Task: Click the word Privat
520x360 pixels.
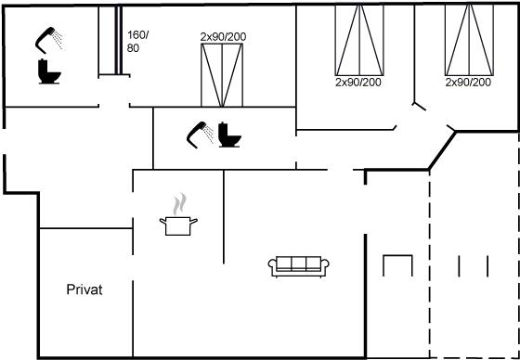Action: [84, 289]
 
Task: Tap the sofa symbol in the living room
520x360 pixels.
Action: [298, 266]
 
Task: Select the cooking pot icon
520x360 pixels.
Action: [178, 225]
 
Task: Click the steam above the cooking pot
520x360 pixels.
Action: [179, 204]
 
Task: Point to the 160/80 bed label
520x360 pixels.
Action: [138, 42]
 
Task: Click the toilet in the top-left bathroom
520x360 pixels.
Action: [49, 71]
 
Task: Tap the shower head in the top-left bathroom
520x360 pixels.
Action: [48, 40]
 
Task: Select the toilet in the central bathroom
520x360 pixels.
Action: [229, 135]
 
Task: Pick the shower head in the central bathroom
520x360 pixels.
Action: [201, 135]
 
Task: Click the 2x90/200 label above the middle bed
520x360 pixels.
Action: [223, 37]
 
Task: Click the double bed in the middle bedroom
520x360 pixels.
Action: [222, 75]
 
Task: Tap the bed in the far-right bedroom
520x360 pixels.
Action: [469, 40]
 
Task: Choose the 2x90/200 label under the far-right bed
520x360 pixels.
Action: [468, 83]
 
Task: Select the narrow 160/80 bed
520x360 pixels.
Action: [110, 41]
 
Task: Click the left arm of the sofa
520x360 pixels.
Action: [273, 266]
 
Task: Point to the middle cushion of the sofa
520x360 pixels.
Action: [298, 264]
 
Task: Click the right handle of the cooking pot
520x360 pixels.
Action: [194, 221]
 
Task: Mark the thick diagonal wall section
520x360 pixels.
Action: [442, 151]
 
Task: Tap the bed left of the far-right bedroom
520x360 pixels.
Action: [359, 40]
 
